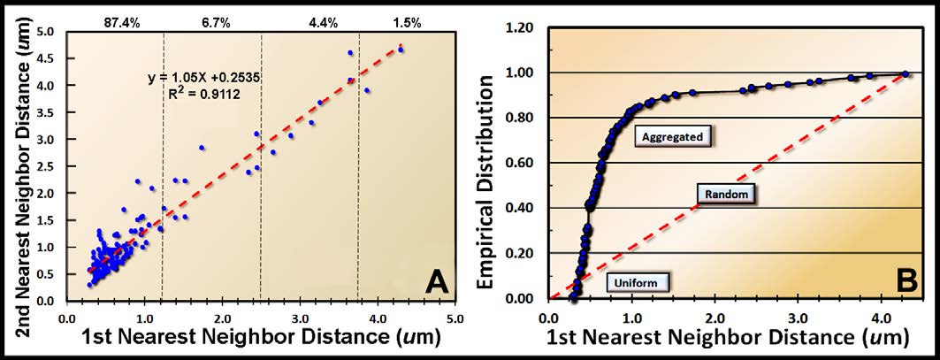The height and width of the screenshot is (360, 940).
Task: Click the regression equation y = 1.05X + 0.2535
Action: (x=202, y=78)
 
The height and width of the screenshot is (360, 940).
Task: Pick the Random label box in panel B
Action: (x=724, y=193)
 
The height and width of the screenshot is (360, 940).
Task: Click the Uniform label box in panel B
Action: (x=637, y=282)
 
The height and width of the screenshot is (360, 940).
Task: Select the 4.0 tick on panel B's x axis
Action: (x=881, y=317)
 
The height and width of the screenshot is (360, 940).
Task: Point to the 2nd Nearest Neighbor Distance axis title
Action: (x=19, y=165)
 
